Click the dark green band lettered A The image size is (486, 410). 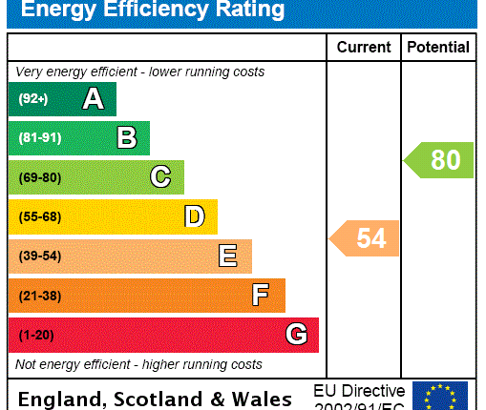click(x=62, y=99)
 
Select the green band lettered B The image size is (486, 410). click(x=79, y=138)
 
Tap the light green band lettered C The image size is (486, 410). click(x=96, y=177)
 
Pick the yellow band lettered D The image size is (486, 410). click(x=113, y=216)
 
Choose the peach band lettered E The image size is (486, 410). click(x=130, y=256)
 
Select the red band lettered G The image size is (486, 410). click(x=163, y=335)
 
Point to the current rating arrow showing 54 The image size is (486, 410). click(x=365, y=238)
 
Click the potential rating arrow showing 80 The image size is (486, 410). click(x=439, y=160)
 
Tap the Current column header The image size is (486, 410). click(x=364, y=47)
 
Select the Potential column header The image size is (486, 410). click(x=438, y=47)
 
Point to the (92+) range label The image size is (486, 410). click(x=32, y=99)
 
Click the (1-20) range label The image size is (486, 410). click(x=35, y=335)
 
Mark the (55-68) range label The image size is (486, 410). click(x=39, y=216)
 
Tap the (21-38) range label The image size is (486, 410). click(x=39, y=296)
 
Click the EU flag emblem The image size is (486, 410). click(x=440, y=396)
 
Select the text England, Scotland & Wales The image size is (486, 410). click(x=155, y=399)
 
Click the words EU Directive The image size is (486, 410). click(x=359, y=391)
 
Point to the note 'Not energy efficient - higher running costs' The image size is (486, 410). click(x=138, y=364)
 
